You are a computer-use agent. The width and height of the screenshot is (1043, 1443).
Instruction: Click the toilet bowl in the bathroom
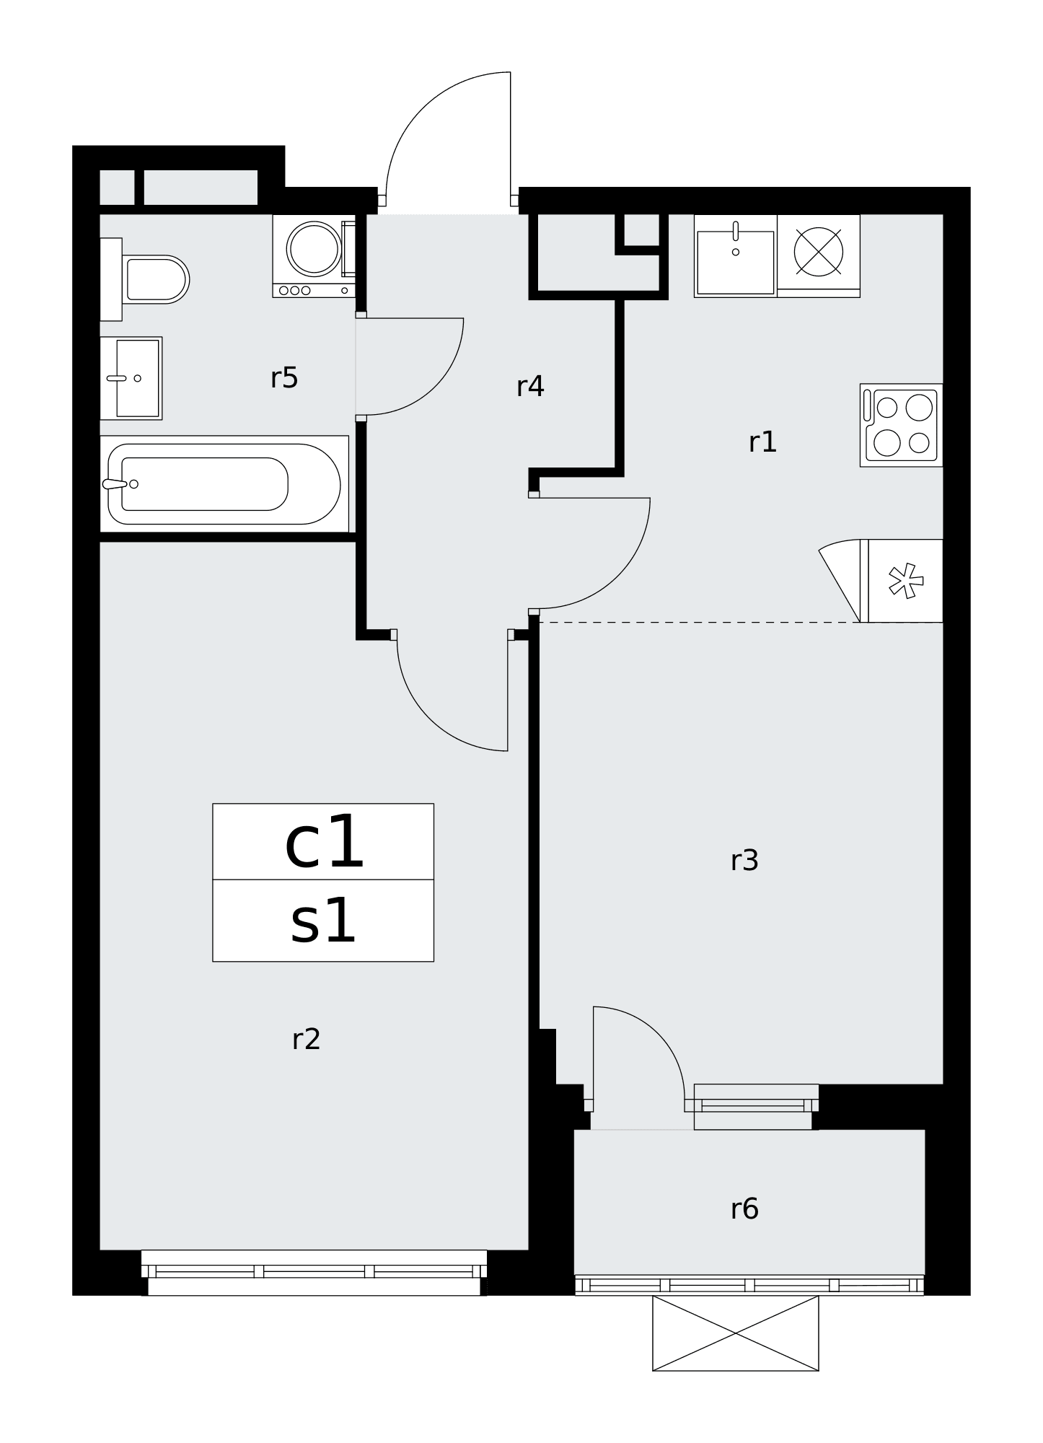[156, 279]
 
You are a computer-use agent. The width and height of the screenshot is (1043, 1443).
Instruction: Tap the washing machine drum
[314, 248]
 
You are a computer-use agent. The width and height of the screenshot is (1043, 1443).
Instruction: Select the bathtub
[224, 483]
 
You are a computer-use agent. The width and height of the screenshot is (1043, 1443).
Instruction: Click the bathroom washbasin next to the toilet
[131, 378]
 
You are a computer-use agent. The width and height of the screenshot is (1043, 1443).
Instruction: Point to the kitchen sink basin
[736, 263]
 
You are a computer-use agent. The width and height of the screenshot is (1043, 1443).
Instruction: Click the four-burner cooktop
[902, 425]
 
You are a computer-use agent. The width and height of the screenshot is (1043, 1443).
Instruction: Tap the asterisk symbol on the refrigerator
[906, 581]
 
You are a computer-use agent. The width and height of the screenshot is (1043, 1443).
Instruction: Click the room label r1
[762, 442]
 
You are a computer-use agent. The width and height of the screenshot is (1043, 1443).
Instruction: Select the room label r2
[306, 1040]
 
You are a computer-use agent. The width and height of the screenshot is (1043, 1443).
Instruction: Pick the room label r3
[744, 861]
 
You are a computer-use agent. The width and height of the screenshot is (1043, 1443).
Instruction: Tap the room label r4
[530, 387]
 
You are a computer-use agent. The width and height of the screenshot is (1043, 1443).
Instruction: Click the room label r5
[284, 378]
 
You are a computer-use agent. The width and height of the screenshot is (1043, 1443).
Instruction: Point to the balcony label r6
[744, 1209]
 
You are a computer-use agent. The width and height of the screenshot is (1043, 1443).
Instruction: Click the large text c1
[325, 843]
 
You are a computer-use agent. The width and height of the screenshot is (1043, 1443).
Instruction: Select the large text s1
[323, 921]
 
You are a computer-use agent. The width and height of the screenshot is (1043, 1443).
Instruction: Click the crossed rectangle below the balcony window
[736, 1333]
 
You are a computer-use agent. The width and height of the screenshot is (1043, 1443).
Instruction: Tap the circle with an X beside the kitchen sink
[819, 252]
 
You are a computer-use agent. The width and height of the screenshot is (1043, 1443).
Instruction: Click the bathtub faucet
[115, 484]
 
